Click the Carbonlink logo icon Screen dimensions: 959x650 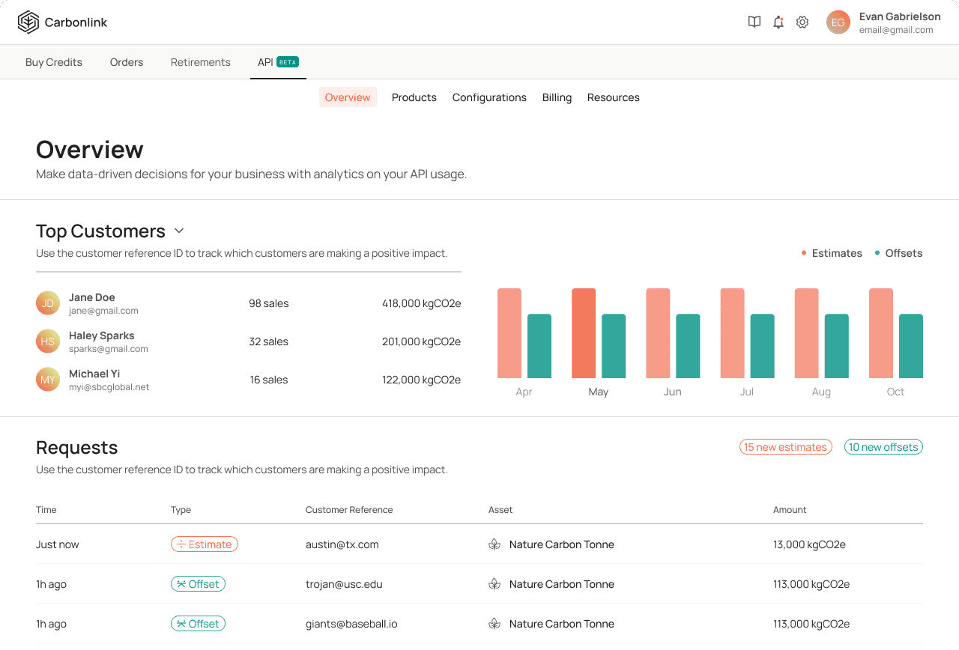coord(28,22)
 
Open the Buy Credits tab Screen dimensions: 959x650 coord(54,62)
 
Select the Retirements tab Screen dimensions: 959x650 coord(200,62)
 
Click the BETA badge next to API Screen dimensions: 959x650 coord(288,62)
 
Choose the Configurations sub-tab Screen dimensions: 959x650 coord(489,97)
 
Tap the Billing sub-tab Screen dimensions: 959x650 coord(557,97)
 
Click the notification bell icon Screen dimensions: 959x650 coord(778,22)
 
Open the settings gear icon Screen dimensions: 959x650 coord(802,22)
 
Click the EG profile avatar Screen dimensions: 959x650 coord(838,22)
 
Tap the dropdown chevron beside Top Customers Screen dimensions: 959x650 coord(179,231)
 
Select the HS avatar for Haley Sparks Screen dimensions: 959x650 coord(47,341)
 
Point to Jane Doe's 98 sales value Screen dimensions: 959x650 coord(269,303)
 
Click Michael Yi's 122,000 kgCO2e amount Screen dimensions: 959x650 coord(421,380)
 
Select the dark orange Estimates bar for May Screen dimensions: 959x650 coord(584,333)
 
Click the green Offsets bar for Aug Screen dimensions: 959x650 coord(837,346)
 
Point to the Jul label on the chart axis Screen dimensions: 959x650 coord(747,392)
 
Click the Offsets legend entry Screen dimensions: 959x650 coord(898,253)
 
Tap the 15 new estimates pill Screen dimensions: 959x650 coord(786,447)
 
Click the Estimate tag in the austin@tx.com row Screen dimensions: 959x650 coord(205,544)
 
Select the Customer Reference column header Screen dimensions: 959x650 coord(349,510)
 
